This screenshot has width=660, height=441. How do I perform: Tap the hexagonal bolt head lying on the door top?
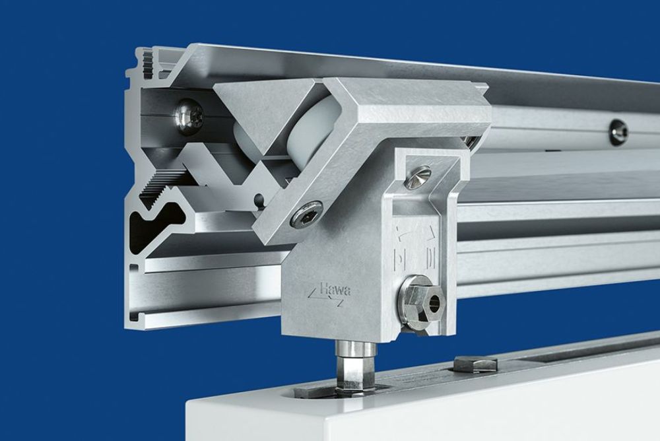(475, 362)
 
